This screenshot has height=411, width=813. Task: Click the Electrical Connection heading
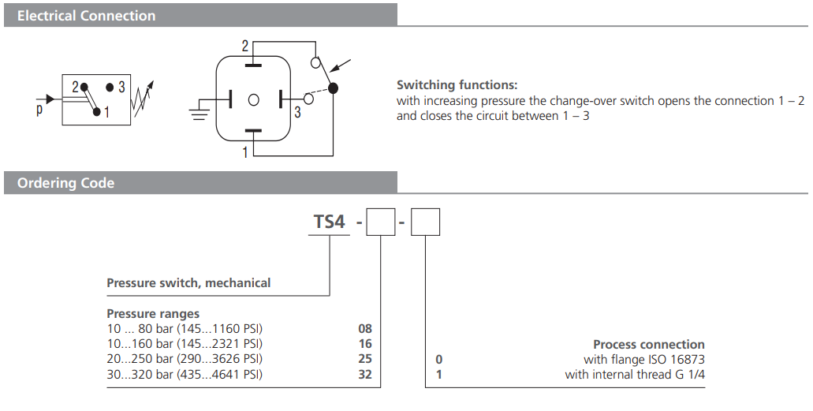pyautogui.click(x=87, y=16)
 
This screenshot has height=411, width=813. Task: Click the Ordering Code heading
pyautogui.click(x=66, y=183)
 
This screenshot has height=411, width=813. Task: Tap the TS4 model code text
pyautogui.click(x=330, y=222)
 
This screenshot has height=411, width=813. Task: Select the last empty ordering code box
pyautogui.click(x=426, y=222)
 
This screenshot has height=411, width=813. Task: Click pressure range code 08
pyautogui.click(x=364, y=329)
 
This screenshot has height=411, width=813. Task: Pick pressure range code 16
pyautogui.click(x=364, y=344)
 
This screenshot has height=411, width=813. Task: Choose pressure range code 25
pyautogui.click(x=364, y=359)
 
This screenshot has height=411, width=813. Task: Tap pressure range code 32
pyautogui.click(x=364, y=374)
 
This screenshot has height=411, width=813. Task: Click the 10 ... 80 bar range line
pyautogui.click(x=184, y=329)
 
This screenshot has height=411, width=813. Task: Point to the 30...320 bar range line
pyautogui.click(x=184, y=374)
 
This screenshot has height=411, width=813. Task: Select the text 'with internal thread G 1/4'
pyautogui.click(x=635, y=375)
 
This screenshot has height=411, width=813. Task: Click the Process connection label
pyautogui.click(x=648, y=345)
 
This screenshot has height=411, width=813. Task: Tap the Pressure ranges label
pyautogui.click(x=153, y=313)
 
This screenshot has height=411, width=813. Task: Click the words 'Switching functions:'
pyautogui.click(x=457, y=85)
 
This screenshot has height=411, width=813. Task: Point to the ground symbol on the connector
pyautogui.click(x=199, y=109)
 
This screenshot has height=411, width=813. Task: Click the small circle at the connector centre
pyautogui.click(x=253, y=100)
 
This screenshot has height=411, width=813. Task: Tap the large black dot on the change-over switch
pyautogui.click(x=333, y=88)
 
